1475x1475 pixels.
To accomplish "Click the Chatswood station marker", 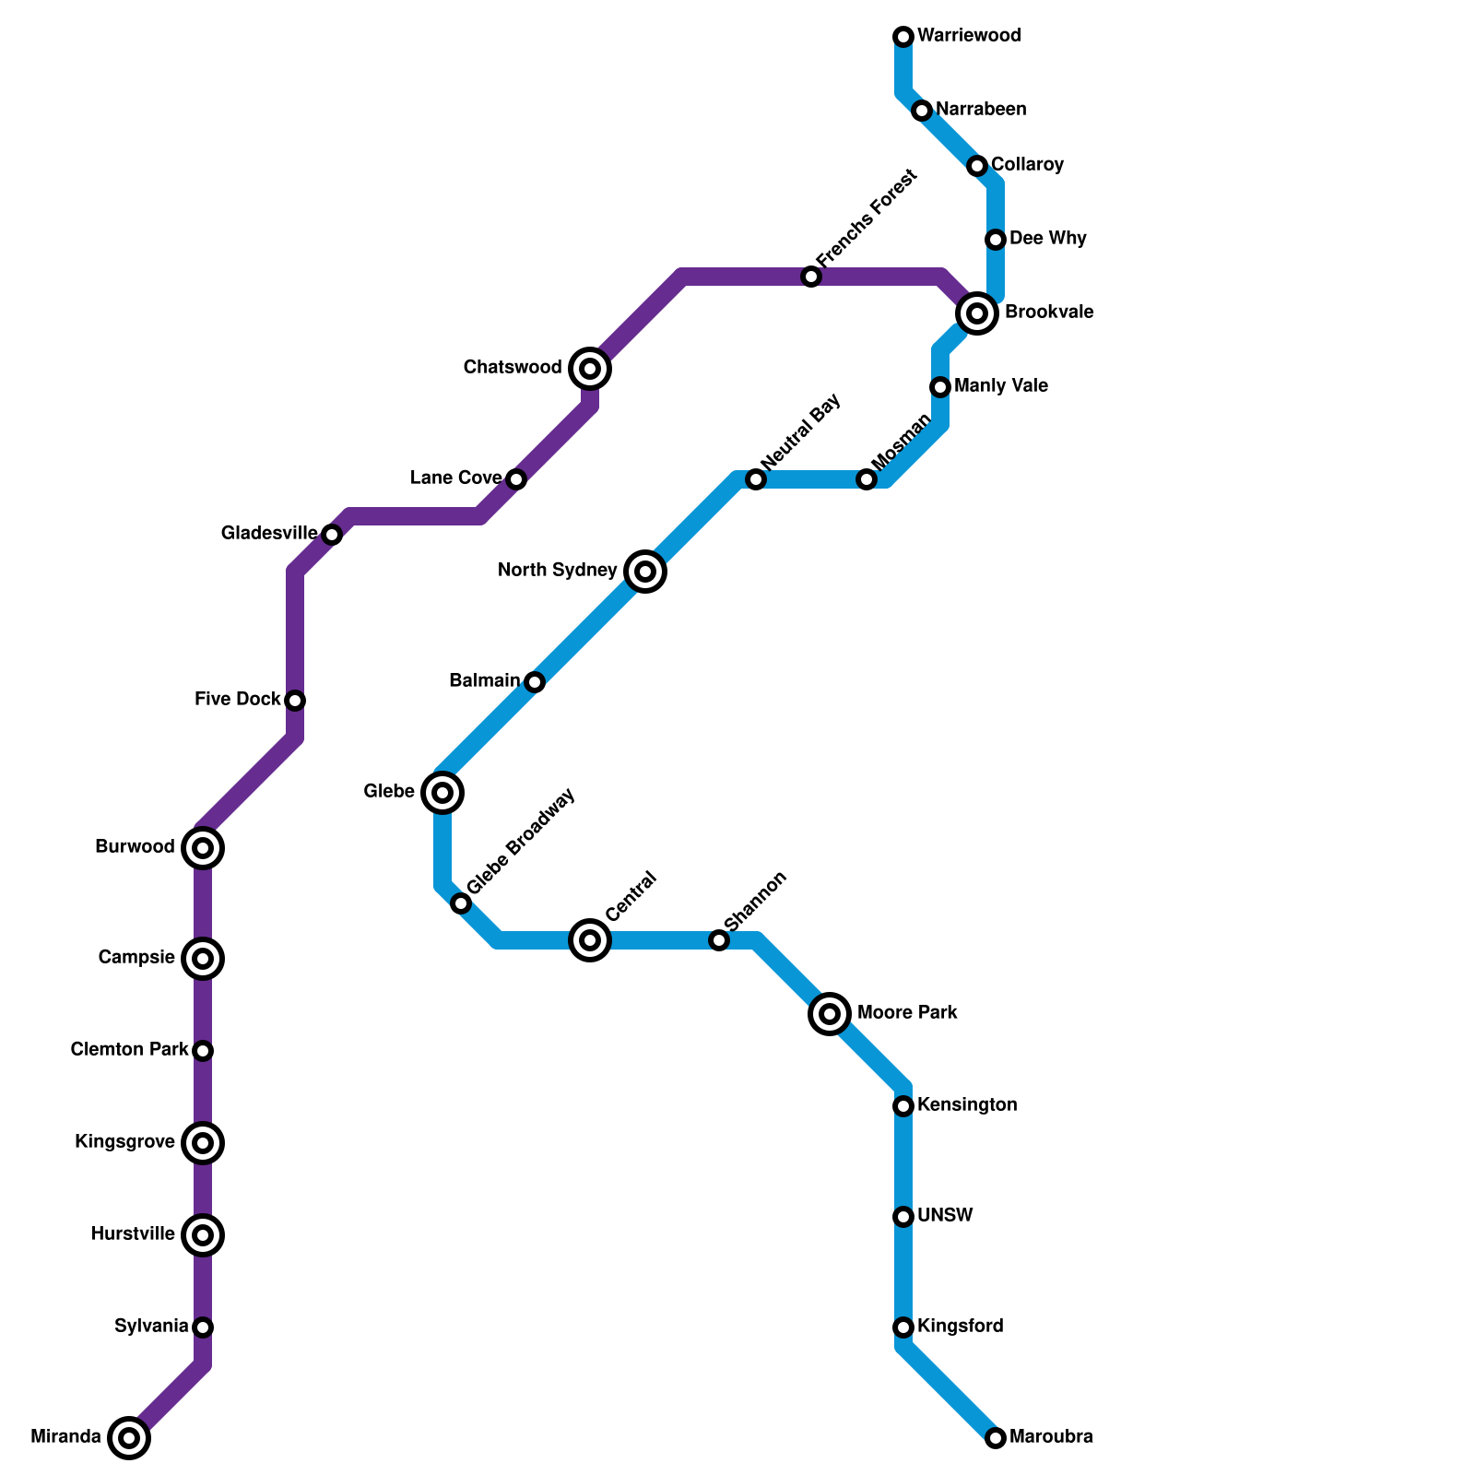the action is (x=590, y=369).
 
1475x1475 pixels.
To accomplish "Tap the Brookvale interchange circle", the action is (x=977, y=313).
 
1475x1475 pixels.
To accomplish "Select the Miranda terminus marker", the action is (x=129, y=1437).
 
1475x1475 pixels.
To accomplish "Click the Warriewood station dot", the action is (x=903, y=37).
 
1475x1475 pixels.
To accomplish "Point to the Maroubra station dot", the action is (x=996, y=1437).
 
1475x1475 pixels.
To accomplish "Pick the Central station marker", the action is (x=590, y=940).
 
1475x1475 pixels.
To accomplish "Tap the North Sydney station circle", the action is (x=645, y=572).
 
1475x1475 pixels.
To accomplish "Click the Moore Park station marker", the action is (x=830, y=1014).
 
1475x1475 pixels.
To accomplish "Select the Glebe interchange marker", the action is (x=442, y=793).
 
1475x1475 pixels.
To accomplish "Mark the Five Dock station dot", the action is (x=295, y=701).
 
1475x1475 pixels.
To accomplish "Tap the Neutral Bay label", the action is (x=800, y=431).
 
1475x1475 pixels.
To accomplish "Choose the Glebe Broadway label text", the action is (x=521, y=840).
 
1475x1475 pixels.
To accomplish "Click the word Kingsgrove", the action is (x=124, y=1142).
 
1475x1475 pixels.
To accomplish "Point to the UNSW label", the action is (x=945, y=1216).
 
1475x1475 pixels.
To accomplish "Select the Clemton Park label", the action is (x=129, y=1050).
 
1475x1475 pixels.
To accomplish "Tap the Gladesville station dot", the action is (x=332, y=535).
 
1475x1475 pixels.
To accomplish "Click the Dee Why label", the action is (x=1047, y=239).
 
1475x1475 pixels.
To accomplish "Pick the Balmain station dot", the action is (x=535, y=682).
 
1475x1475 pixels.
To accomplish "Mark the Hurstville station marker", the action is (x=203, y=1235).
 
